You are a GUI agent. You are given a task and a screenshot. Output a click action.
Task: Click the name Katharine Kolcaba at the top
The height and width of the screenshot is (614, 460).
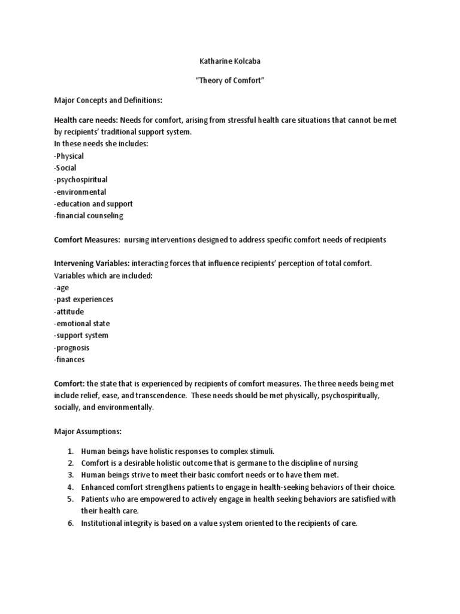[230, 61]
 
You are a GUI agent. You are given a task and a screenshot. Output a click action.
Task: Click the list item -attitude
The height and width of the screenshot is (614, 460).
[68, 312]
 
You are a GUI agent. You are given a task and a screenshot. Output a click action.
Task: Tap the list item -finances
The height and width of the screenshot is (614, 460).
[69, 360]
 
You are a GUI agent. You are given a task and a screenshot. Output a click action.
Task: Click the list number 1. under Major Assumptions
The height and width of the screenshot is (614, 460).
[70, 452]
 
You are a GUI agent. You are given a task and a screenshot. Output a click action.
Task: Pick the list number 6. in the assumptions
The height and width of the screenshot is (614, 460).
[70, 523]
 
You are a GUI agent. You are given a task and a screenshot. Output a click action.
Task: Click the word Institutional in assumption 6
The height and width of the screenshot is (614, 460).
[102, 523]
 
